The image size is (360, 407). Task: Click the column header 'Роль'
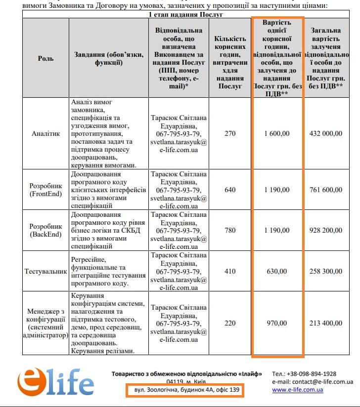45,58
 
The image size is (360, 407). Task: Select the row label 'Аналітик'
45,133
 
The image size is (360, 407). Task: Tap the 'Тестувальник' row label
45,271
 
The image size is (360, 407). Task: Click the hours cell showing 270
230,133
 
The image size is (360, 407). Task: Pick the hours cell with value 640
230,190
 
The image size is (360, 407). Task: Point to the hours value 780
230,230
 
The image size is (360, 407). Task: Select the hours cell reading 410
230,271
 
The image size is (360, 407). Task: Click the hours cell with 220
230,324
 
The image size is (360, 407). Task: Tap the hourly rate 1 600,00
277,133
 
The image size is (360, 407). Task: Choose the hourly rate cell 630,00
277,271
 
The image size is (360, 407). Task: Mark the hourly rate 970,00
277,324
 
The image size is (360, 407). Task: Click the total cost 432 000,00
325,133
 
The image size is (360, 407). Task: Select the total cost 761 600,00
325,190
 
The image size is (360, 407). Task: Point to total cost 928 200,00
325,230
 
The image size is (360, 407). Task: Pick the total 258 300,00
325,271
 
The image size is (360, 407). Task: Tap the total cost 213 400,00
325,324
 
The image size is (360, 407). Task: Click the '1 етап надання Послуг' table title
186,14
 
